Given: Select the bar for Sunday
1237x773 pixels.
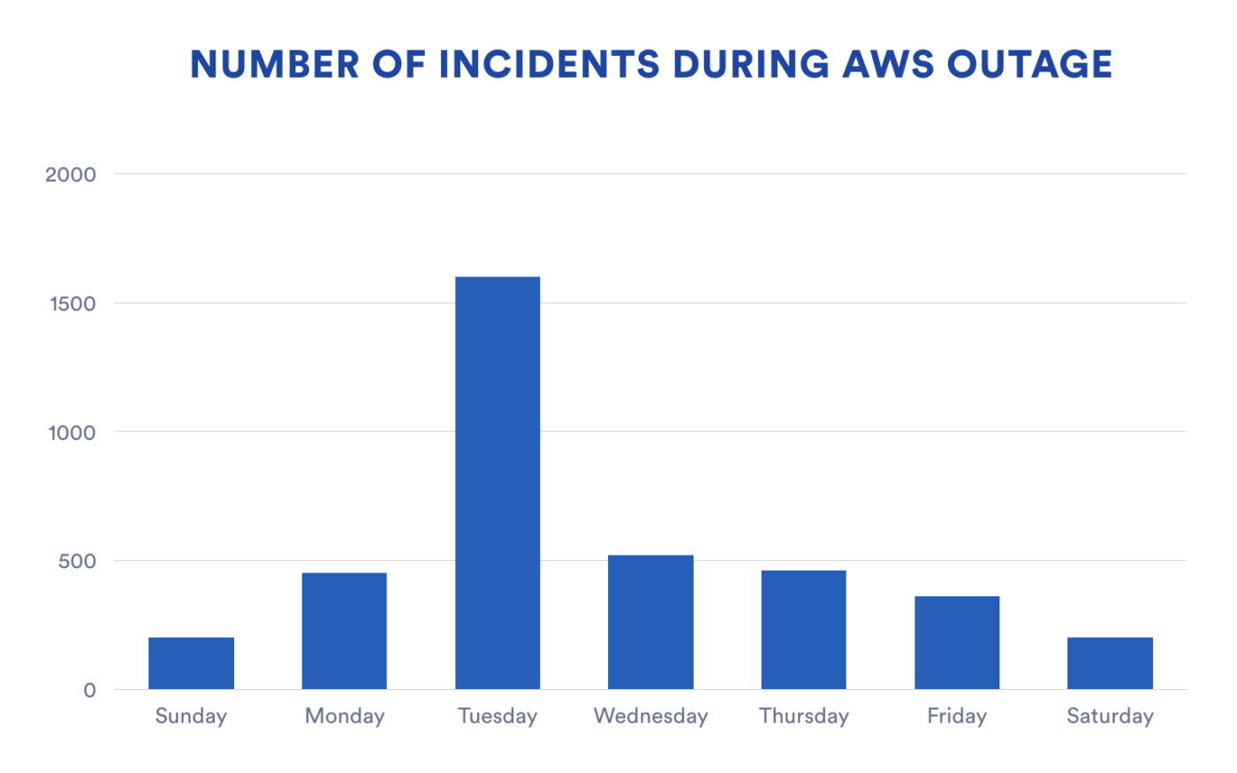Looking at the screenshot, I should coord(191,663).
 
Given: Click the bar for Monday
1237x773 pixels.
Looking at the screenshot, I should coord(344,631).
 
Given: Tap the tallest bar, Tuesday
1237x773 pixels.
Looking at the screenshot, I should coord(497,482).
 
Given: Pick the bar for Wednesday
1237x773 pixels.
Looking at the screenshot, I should coord(650,622).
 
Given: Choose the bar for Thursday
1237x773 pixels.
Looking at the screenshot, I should coord(803,629).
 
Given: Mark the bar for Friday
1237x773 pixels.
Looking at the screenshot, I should coord(957,642).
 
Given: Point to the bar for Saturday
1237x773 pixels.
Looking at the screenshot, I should coord(1110,663).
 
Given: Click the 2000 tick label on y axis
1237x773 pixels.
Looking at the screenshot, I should coord(71,175).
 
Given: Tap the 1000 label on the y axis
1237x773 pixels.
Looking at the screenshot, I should coord(71,433).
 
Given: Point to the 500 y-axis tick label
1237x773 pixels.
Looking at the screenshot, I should coord(77,562).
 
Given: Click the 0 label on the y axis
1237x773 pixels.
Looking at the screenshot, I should coord(89,691).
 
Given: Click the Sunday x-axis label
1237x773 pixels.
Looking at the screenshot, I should coord(191,716).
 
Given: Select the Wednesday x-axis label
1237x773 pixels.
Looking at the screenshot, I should coord(650,716).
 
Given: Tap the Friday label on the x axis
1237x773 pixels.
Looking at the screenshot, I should coord(957,716).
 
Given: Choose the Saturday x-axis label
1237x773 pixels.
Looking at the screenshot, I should coord(1110,716).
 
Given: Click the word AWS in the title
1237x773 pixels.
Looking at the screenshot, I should coord(888,64).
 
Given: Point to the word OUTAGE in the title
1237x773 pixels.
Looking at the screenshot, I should coord(1029,64).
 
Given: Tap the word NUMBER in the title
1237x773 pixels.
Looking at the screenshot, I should coord(275,64).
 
